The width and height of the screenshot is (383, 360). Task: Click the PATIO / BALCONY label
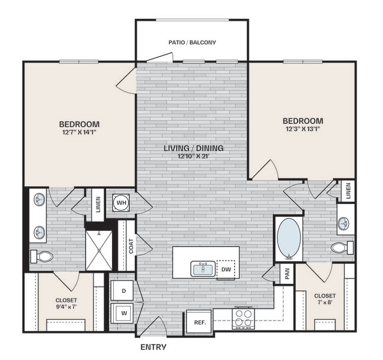[192, 42]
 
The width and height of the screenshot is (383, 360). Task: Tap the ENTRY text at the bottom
[153, 347]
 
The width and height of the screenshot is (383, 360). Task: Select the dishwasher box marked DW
[225, 269]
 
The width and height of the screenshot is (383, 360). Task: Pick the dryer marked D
[124, 290]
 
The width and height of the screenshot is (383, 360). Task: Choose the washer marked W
[124, 312]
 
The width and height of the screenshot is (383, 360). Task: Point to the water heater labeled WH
[122, 203]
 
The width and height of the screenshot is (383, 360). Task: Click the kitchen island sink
[203, 269]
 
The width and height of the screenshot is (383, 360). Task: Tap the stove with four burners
[243, 318]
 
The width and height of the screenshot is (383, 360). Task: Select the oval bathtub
[289, 239]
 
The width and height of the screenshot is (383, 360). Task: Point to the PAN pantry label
[286, 274]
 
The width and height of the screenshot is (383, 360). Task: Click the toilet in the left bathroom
[43, 257]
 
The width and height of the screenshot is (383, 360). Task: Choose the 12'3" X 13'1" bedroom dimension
[302, 130]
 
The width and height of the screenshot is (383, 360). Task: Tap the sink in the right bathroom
[344, 223]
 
